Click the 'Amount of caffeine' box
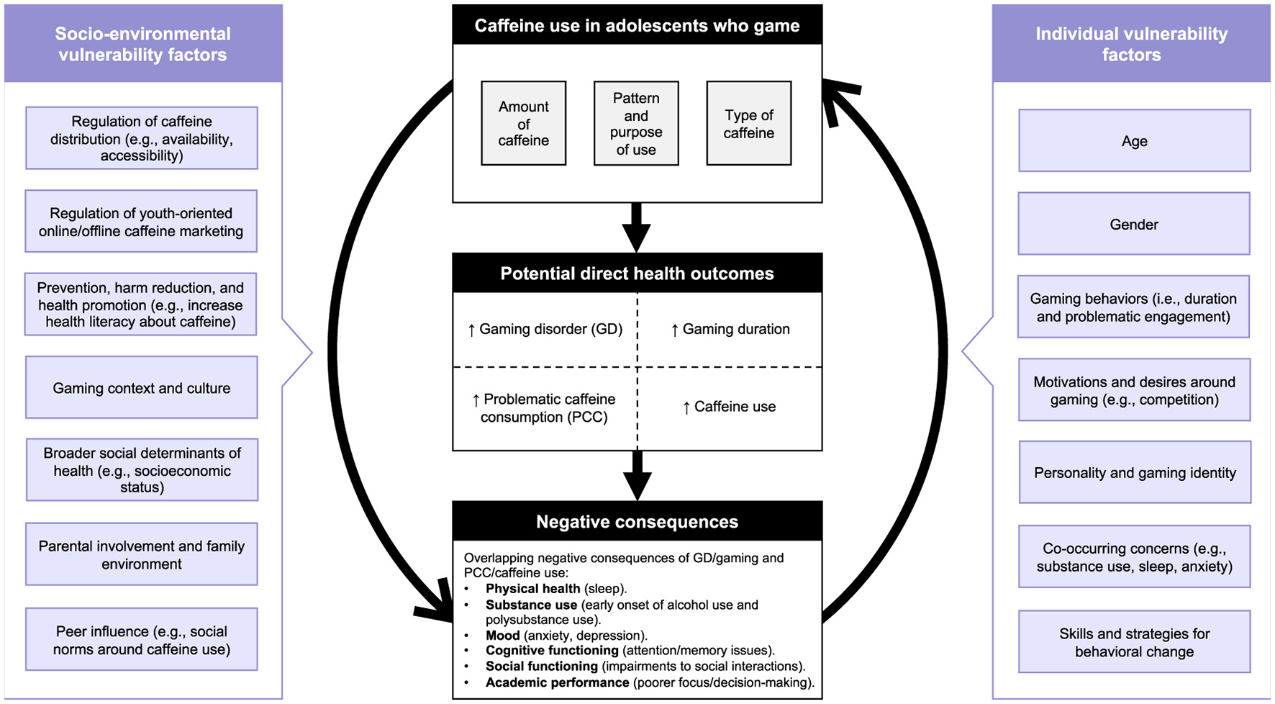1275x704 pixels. pos(523,123)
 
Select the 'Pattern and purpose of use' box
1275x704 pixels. pos(635,123)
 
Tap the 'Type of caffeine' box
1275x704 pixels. pos(748,123)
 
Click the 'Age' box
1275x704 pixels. pos(1134,141)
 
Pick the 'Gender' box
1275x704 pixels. pos(1134,224)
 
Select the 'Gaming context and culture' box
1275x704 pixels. pos(142,388)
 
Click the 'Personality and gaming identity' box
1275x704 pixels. pos(1135,472)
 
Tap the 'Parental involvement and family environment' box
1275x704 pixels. pos(142,554)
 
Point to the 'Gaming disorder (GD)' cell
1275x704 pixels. pos(545,329)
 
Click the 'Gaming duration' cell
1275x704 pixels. pos(730,329)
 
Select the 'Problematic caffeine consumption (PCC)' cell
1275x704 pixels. pos(545,408)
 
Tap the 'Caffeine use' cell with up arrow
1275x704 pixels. pos(730,407)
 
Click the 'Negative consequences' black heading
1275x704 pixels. pos(637,521)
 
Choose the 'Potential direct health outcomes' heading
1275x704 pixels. pos(637,273)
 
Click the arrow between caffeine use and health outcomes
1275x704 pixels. pos(636,227)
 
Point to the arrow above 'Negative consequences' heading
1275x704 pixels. pos(637,476)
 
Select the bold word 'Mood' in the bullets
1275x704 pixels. pos(502,636)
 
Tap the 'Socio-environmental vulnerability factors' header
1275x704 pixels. pos(142,44)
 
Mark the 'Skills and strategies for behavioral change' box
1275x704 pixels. pos(1134,642)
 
